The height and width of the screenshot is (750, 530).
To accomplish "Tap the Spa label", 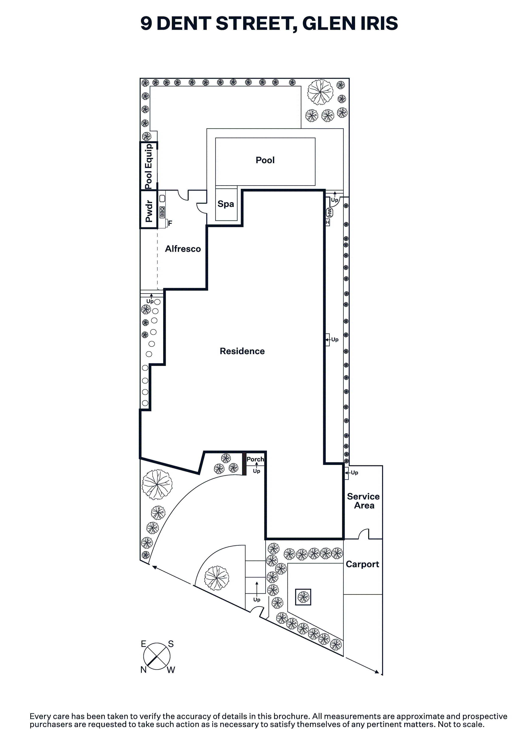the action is pos(226,204).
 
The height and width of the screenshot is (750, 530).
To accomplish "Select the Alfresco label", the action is pos(183,249).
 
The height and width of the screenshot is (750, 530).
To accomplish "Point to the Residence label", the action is pos(242,351).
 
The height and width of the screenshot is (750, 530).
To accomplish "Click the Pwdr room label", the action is pos(149,211).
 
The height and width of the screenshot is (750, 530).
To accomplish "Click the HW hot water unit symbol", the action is pos(329,213).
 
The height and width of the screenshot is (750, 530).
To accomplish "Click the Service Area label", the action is pos(363,501).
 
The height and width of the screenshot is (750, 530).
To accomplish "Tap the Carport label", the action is pos(362,564).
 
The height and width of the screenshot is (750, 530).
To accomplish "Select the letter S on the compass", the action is pos(171,644).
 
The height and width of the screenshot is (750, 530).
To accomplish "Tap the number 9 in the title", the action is pos(146,24).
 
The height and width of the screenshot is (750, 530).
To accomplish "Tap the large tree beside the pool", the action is pos(320,92).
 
